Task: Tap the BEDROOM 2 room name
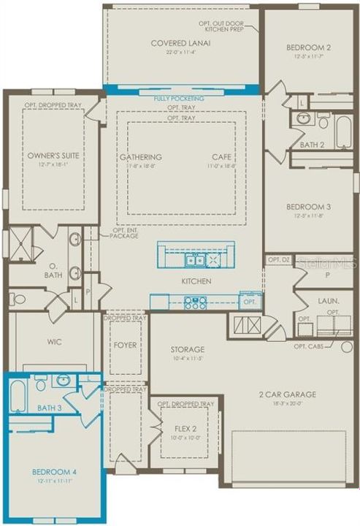point(309,47)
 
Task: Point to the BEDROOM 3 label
point(309,207)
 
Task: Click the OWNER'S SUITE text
point(53,156)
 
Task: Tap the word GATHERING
point(141,157)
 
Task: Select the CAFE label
point(221,157)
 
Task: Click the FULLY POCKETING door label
point(179,99)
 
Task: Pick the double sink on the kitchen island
point(194,259)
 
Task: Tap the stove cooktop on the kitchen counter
point(195,302)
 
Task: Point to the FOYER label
point(125,345)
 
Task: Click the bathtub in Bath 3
point(18,395)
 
